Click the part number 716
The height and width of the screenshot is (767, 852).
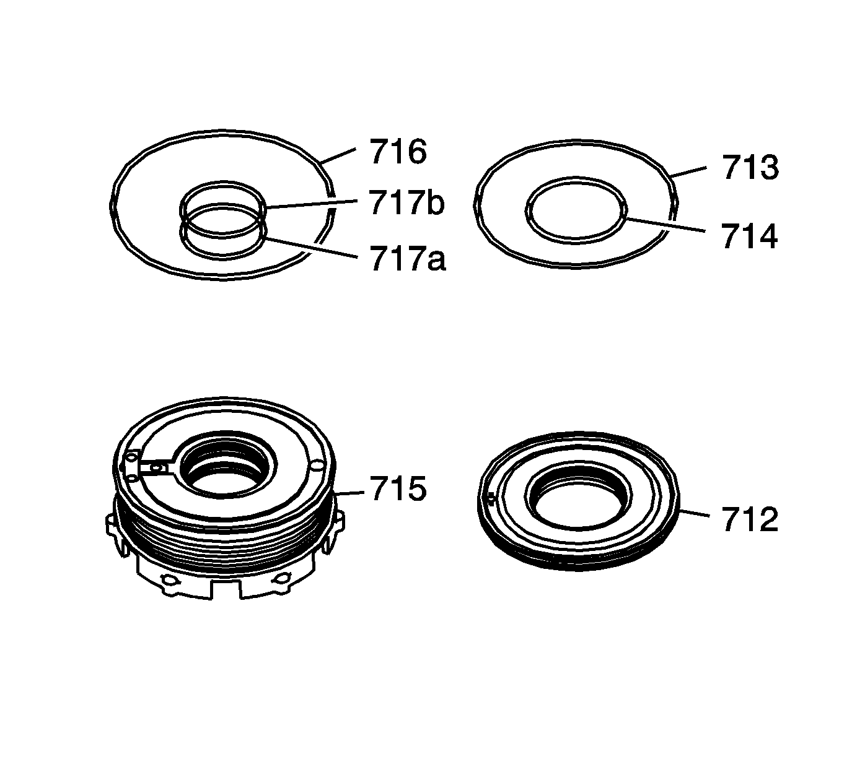coord(398,152)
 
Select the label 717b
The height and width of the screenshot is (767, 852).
coord(406,203)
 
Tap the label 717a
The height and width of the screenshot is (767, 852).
coord(408,259)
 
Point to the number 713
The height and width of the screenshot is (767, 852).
coord(750,167)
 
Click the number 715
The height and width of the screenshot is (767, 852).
coord(398,489)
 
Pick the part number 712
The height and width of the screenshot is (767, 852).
coord(750,519)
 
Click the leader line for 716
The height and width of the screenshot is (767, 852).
coord(338,155)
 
